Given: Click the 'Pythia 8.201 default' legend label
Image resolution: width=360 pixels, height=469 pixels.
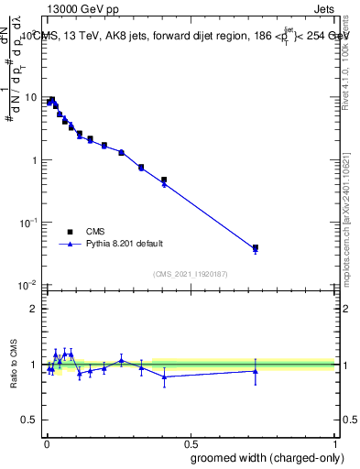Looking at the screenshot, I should tap(125, 244).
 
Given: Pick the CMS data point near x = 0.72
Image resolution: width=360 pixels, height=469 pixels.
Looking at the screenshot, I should tap(256, 247).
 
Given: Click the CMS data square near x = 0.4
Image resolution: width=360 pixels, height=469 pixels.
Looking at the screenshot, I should tap(164, 180).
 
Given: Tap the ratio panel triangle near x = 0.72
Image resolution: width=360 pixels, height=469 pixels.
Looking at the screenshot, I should tap(256, 371).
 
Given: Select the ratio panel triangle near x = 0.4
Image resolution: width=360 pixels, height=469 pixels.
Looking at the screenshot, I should tap(164, 376).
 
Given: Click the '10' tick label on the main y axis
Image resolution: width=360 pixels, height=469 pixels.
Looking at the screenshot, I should tap(30, 97).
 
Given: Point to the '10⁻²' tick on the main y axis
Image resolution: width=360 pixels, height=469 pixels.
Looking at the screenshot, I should tap(28, 286).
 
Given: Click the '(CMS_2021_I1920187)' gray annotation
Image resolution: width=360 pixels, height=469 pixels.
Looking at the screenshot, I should tap(191, 274).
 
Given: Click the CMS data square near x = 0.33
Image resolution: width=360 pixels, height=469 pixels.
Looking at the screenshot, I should tap(141, 168).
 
